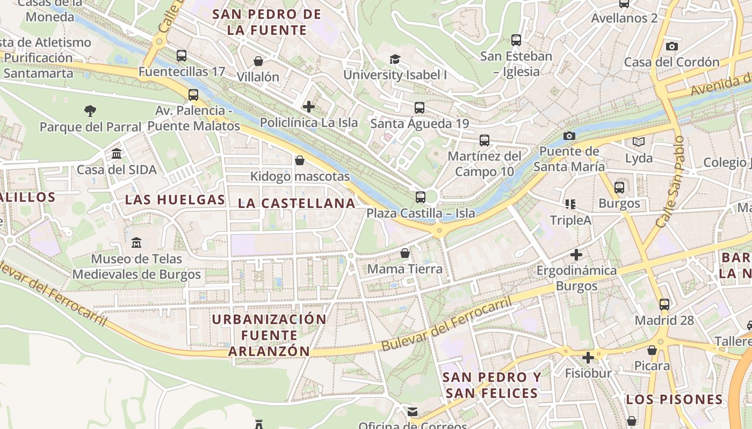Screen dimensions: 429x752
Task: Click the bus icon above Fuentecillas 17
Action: (x=182, y=55)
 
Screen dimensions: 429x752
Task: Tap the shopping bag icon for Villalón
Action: (x=258, y=61)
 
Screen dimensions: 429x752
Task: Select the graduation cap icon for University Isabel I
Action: (x=395, y=59)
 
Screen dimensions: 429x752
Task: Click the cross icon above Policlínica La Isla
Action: (x=309, y=107)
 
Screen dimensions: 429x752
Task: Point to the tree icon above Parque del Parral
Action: (x=90, y=111)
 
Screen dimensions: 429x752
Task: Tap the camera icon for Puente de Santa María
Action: (x=569, y=136)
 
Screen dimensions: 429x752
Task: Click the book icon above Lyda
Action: (x=638, y=142)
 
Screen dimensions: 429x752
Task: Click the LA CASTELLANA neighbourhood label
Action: (x=297, y=203)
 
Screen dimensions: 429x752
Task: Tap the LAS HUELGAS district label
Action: (x=175, y=200)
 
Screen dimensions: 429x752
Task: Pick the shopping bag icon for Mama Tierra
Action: (x=405, y=253)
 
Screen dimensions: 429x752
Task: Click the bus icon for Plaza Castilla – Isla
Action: (x=420, y=197)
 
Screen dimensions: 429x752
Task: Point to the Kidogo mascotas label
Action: (x=300, y=176)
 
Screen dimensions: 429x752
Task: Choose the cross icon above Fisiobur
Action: (x=588, y=357)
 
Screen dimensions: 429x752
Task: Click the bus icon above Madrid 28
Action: (x=664, y=305)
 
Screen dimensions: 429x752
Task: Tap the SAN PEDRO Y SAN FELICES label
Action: (x=491, y=385)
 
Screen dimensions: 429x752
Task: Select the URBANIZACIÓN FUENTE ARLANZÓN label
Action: (x=269, y=335)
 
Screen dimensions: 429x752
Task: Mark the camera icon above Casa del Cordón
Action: (x=671, y=47)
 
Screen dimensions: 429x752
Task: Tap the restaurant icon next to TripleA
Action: (x=570, y=204)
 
